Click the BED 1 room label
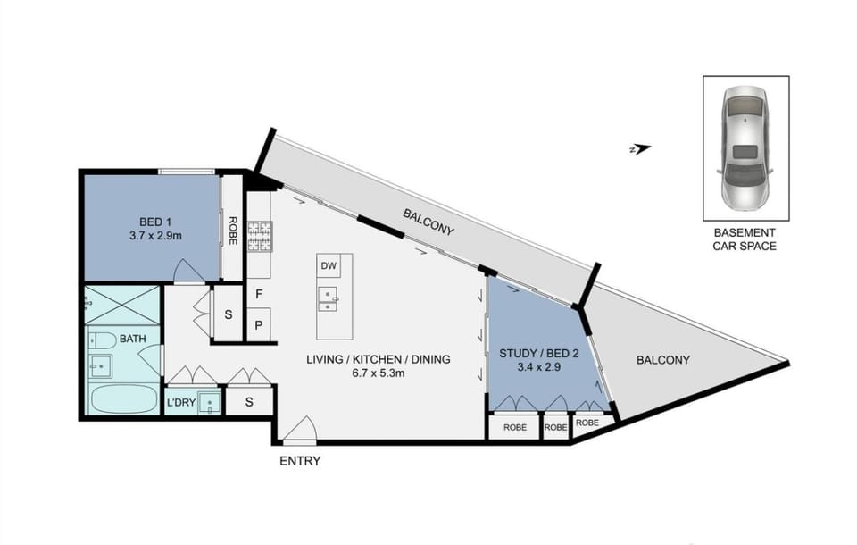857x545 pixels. (155, 222)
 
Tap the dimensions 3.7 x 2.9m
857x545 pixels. (155, 236)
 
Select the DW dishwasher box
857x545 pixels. (329, 266)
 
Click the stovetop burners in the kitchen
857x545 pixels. (260, 236)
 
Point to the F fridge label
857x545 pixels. (259, 294)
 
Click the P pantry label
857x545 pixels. (259, 325)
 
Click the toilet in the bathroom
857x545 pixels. (102, 340)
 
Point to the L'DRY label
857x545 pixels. (181, 403)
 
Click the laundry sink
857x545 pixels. (210, 403)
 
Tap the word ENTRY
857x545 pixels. (300, 461)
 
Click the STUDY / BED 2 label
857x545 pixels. (539, 354)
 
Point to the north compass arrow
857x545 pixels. (640, 148)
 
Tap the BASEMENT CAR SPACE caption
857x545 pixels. (745, 239)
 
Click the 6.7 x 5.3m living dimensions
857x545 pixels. (379, 373)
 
